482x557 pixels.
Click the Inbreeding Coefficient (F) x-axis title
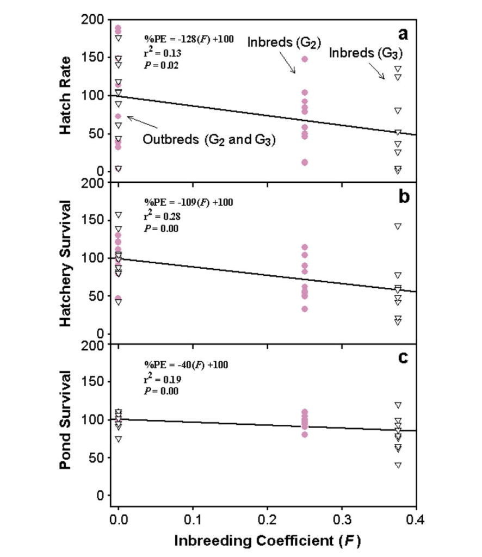267,541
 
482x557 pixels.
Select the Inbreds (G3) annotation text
367,53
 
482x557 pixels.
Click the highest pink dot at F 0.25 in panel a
305,59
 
